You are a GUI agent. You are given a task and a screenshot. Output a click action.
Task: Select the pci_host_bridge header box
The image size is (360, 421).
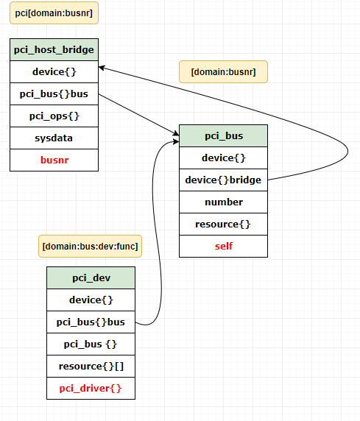click(54, 50)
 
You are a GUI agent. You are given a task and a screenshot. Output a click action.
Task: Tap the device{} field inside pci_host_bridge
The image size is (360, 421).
click(54, 71)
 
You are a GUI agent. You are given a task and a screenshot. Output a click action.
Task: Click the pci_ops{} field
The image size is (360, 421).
click(54, 116)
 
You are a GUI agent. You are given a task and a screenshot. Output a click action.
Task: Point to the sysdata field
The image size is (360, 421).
click(54, 138)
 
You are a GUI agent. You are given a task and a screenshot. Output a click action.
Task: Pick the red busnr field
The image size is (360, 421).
click(54, 159)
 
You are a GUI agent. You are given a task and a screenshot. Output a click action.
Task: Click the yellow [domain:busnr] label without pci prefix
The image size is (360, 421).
click(223, 71)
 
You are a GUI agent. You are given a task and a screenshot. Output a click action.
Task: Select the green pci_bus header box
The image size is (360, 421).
click(223, 135)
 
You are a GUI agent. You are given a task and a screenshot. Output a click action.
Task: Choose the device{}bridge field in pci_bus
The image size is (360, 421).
click(223, 180)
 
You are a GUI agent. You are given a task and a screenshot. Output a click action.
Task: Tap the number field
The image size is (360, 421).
click(223, 202)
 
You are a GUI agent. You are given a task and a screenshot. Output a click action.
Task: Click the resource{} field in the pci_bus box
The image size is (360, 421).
click(223, 224)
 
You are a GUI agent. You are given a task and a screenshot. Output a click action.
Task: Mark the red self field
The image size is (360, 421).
click(223, 246)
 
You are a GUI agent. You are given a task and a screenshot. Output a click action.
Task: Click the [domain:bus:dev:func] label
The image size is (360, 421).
click(90, 245)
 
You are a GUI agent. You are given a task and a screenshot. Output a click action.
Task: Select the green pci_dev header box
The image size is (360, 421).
click(91, 277)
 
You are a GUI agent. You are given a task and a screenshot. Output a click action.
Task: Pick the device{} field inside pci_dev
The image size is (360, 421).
click(91, 300)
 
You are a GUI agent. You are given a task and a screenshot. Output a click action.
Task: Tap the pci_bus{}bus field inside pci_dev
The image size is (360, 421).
click(91, 322)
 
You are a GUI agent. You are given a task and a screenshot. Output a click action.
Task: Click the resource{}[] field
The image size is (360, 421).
click(91, 366)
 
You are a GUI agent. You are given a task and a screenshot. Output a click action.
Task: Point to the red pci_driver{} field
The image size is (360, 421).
click(91, 388)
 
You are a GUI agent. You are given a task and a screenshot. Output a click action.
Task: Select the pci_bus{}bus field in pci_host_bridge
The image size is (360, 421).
click(54, 93)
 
